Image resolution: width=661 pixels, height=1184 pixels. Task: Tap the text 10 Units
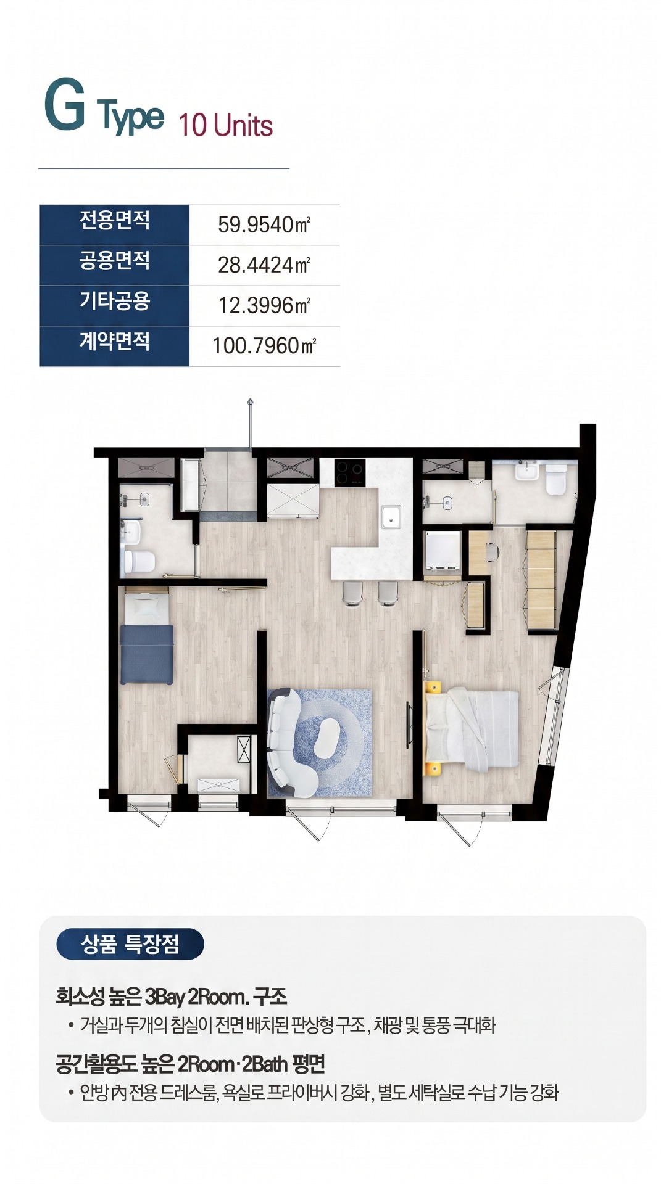226,125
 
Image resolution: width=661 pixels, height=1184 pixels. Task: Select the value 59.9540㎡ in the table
264,224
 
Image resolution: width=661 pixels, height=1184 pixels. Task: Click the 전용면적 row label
114,220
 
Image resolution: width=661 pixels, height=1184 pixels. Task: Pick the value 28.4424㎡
264,265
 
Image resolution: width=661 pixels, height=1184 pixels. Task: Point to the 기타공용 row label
114,301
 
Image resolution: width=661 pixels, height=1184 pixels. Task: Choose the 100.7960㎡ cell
264,345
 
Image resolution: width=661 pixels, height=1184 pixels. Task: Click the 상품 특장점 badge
130,943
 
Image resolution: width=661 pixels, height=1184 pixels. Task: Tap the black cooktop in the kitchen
350,473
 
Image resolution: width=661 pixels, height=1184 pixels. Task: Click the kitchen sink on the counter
391,517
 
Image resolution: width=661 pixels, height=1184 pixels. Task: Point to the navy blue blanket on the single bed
146,654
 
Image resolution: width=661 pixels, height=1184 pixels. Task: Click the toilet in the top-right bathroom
555,479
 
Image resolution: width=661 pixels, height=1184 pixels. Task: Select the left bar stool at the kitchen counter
352,593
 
